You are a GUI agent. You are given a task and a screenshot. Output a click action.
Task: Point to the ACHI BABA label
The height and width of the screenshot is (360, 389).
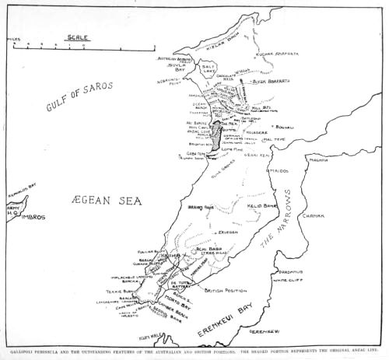tap(206, 249)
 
